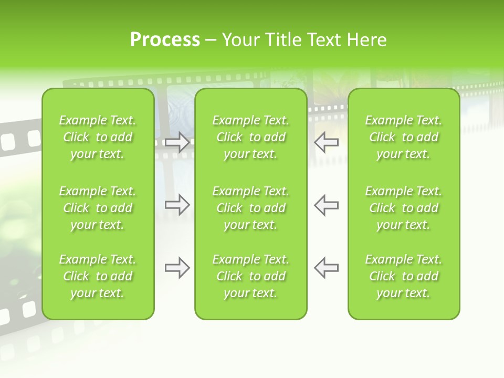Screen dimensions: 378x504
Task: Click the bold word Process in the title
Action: [165, 40]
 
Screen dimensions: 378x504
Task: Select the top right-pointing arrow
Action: [177, 142]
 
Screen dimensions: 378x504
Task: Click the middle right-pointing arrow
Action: [177, 205]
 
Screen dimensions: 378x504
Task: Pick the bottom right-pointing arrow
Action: [177, 268]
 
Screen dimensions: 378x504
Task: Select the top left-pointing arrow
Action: [327, 142]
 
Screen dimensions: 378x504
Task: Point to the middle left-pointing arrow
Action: [327, 205]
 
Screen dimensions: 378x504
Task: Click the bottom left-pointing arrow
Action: [327, 268]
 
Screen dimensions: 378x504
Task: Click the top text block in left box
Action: [98, 137]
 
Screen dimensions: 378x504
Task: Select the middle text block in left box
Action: [98, 208]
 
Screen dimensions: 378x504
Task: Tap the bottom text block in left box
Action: [98, 276]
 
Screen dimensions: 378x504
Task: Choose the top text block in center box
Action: [251, 137]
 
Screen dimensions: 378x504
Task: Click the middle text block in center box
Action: [251, 208]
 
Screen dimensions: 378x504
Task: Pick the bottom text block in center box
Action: [251, 276]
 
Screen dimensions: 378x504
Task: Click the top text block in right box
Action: [404, 137]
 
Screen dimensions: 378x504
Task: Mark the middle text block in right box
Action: [404, 208]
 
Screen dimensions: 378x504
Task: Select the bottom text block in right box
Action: [404, 276]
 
